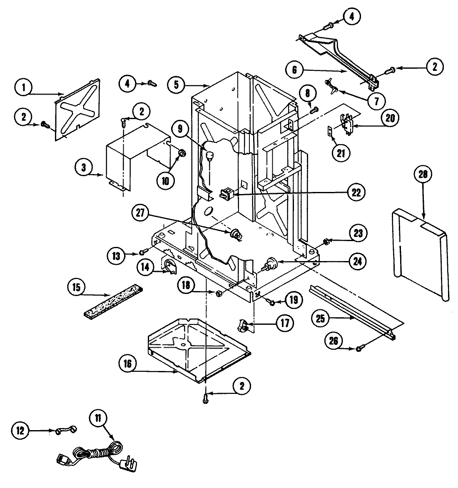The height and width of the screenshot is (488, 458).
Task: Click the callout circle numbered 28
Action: tap(422, 174)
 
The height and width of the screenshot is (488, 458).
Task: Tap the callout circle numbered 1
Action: tap(24, 88)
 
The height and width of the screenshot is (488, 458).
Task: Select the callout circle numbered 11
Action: tap(100, 418)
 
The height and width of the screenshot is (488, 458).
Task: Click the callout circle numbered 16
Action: tap(127, 364)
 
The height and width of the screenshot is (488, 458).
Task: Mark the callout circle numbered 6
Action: tap(295, 70)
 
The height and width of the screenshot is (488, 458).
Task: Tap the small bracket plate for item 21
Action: tap(330, 132)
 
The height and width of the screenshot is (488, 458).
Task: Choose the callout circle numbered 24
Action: tap(358, 261)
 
